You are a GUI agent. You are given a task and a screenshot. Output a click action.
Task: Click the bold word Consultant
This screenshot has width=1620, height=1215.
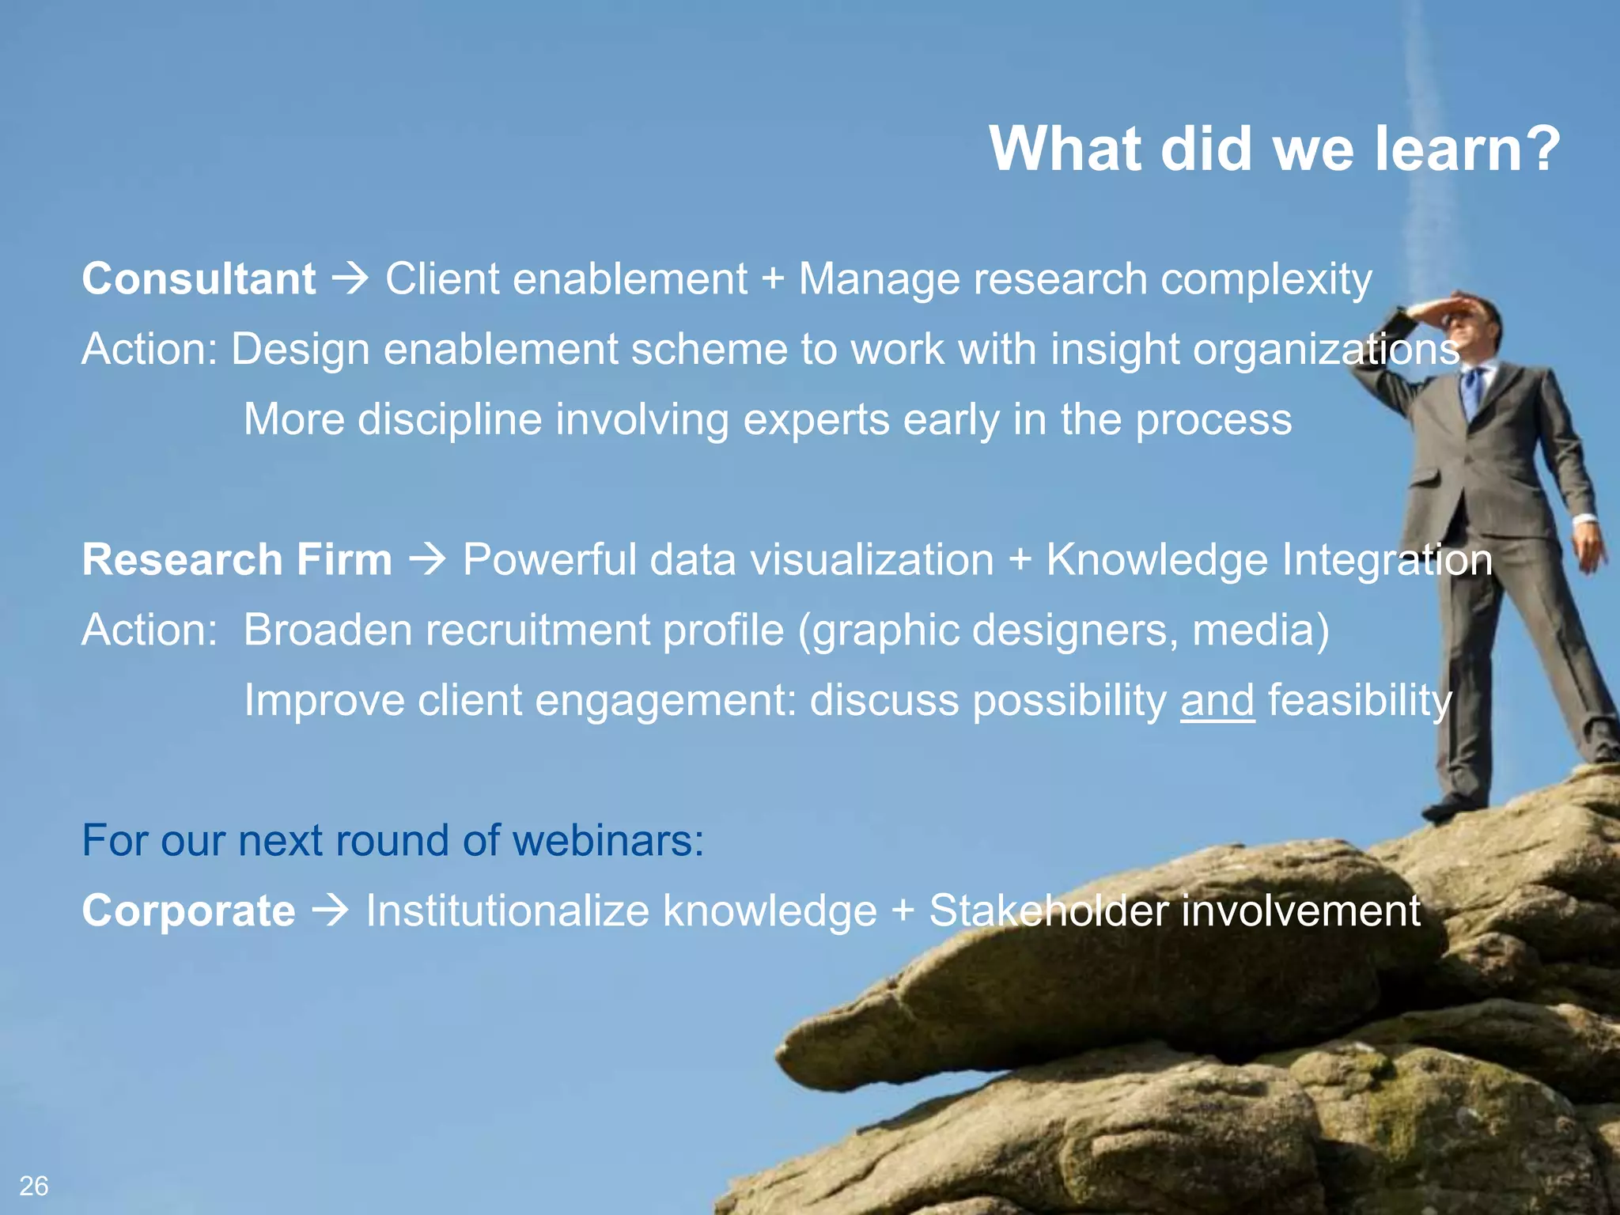pyautogui.click(x=199, y=279)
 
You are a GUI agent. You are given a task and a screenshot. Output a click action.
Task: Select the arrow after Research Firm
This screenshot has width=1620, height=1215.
pyautogui.click(x=428, y=560)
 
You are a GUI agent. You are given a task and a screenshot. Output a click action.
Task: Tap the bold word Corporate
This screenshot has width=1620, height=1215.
pyautogui.click(x=189, y=910)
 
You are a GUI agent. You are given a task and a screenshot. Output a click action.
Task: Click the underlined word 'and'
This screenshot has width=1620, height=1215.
pyautogui.click(x=1217, y=701)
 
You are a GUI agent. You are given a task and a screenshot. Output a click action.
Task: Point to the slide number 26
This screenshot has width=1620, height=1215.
pyautogui.click(x=34, y=1186)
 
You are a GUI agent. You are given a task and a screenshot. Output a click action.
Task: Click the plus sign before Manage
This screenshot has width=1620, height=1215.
pyautogui.click(x=773, y=280)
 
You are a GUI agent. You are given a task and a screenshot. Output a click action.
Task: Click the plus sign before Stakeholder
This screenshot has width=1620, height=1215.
pyautogui.click(x=903, y=910)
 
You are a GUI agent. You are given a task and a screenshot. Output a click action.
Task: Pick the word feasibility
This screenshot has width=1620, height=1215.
pyautogui.click(x=1360, y=701)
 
